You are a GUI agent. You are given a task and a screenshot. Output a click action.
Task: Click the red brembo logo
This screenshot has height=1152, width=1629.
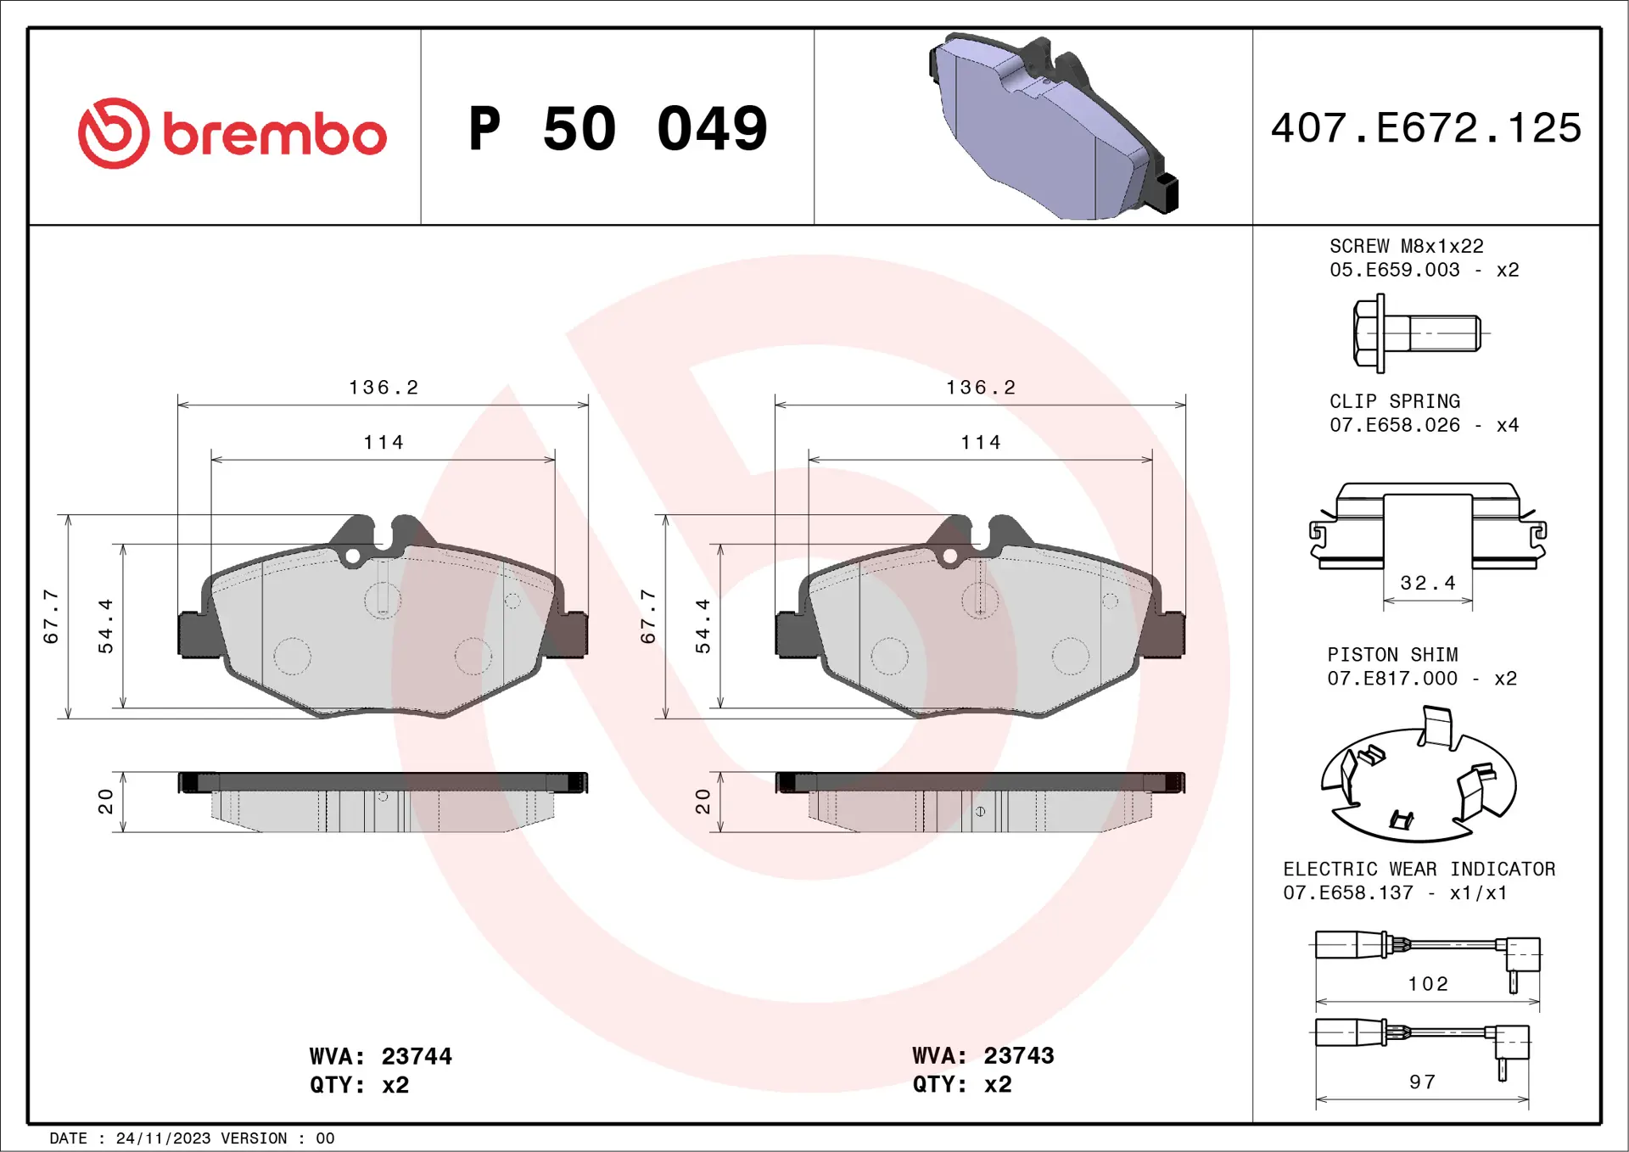[232, 133]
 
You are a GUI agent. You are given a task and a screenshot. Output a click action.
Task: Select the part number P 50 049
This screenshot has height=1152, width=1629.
[618, 129]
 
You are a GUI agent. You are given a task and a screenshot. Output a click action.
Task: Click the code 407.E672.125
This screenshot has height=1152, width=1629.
[1425, 128]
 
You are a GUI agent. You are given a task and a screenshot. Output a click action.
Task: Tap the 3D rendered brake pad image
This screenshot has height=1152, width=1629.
[1052, 127]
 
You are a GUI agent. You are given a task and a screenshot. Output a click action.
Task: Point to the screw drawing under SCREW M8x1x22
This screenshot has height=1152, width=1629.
[1417, 333]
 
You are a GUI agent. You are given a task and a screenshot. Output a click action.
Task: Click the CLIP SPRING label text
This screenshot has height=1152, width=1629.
[1394, 401]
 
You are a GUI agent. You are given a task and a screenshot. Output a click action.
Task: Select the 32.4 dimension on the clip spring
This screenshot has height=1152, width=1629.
[1427, 583]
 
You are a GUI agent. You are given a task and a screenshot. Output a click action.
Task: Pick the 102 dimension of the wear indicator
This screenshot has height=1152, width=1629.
[1428, 984]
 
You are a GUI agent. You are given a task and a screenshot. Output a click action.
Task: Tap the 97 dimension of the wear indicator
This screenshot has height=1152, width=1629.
[1423, 1082]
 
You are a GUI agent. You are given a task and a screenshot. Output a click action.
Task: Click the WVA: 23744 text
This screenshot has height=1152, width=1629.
[380, 1056]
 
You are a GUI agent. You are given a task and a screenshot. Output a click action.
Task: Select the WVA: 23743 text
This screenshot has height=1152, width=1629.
[982, 1055]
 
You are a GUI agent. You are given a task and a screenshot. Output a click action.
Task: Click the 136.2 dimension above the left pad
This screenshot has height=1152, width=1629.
[383, 388]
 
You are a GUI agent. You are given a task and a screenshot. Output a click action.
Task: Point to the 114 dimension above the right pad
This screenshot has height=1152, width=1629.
[981, 442]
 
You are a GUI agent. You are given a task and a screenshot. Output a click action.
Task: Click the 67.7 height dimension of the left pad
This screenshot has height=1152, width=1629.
[51, 617]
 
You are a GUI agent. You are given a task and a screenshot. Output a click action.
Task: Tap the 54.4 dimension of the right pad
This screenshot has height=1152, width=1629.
[703, 626]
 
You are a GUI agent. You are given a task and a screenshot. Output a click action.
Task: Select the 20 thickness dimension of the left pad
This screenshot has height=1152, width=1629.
[105, 801]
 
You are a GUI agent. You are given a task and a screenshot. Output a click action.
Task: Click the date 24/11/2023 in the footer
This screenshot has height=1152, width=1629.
[163, 1138]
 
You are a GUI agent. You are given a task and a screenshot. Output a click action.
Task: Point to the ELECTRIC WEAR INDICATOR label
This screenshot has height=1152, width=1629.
[1419, 869]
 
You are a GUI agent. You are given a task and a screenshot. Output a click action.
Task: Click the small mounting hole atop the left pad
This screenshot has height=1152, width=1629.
[352, 556]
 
